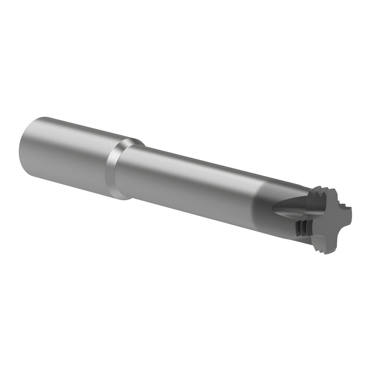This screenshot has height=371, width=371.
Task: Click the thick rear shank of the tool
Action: [x=63, y=152]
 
